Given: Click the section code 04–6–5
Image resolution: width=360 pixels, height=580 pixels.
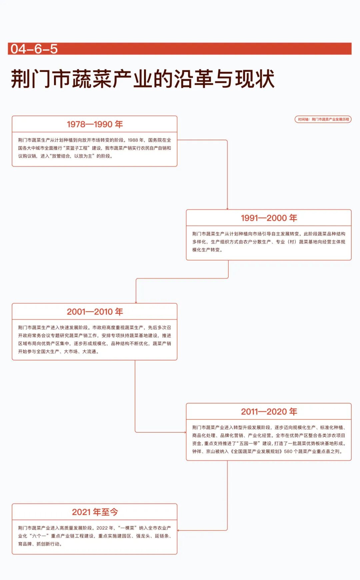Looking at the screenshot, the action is tap(34, 49).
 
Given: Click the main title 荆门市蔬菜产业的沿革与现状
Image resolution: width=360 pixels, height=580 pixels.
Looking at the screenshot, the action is tap(143, 79).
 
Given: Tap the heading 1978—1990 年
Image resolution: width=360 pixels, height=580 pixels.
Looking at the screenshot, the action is tap(95, 124).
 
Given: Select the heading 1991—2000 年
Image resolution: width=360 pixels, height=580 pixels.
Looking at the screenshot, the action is tap(269, 218).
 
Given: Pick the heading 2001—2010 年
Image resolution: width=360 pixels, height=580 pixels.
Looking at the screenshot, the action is tap(95, 311).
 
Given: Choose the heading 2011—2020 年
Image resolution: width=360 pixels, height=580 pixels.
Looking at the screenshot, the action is tap(269, 411).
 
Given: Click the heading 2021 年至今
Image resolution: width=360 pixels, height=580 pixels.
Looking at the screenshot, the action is tap(95, 512).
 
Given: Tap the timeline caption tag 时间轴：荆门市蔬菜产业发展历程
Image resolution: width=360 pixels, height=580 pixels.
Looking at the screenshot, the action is tap(323, 119).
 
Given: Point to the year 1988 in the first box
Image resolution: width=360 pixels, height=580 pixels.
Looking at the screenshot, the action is tap(133, 140).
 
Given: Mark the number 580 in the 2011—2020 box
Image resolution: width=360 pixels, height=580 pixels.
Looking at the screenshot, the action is tap(288, 451).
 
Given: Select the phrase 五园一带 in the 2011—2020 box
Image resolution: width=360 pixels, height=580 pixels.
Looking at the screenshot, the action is tap(248, 443).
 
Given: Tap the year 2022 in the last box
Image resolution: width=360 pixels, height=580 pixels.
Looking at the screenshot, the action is tap(102, 528).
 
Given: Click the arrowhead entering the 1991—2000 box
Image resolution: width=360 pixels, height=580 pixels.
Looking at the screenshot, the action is tap(227, 209).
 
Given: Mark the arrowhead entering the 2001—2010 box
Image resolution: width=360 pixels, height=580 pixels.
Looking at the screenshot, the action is tap(136, 302).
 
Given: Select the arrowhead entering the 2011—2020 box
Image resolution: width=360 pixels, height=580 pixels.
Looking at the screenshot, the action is tap(185, 432).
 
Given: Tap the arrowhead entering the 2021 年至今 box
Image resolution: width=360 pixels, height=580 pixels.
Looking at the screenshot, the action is tap(178, 530).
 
